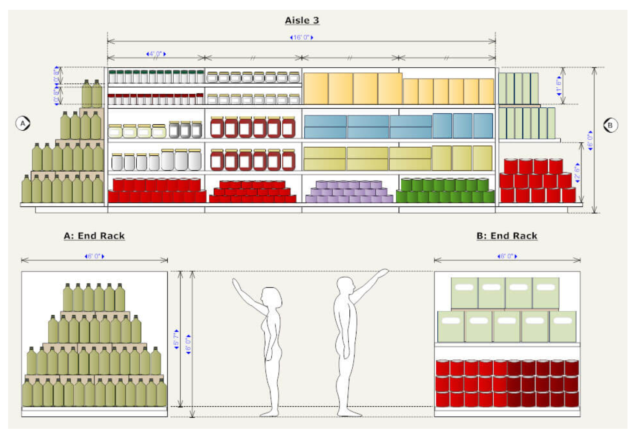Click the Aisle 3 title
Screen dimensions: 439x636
tap(302, 20)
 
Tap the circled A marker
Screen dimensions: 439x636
tap(23, 123)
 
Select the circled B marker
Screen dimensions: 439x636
tap(610, 125)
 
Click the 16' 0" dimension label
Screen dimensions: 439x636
tap(302, 37)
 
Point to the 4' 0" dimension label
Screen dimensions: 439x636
tap(156, 54)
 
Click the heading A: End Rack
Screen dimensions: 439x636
tap(94, 236)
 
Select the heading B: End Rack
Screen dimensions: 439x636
tap(506, 236)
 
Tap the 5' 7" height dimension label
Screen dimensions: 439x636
tap(176, 339)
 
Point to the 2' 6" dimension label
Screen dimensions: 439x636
tap(577, 173)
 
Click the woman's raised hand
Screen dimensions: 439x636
tap(236, 283)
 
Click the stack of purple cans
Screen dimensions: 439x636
tap(349, 192)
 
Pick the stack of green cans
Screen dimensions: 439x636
tap(445, 191)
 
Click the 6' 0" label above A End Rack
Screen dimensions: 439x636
tap(94, 256)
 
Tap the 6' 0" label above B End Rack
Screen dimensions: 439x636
tap(507, 256)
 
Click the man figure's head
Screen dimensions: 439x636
tap(345, 285)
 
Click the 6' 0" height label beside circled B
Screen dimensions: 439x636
tap(590, 141)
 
